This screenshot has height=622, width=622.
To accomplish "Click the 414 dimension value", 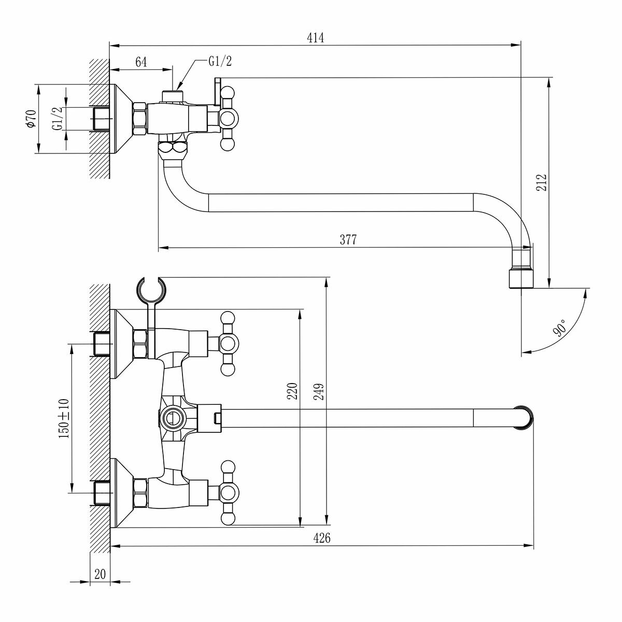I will (x=315, y=37).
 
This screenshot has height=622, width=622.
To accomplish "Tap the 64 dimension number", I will (x=141, y=62).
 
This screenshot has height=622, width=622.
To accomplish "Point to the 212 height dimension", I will (x=542, y=183).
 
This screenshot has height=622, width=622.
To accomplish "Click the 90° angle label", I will (x=560, y=328).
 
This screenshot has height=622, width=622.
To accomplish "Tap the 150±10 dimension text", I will (x=64, y=419).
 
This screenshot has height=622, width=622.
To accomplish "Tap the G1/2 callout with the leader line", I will (x=220, y=61).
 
